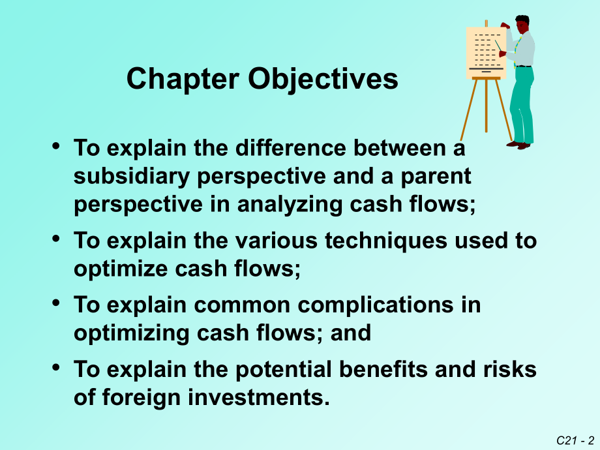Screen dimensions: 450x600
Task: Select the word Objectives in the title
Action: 323,80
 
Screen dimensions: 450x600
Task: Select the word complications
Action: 380,305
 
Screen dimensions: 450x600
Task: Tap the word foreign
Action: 146,397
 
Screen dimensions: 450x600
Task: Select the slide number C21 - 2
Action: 576,441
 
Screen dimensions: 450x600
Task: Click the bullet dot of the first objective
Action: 57,147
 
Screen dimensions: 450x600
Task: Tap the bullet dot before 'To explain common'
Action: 57,303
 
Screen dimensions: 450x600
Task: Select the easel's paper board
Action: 486,52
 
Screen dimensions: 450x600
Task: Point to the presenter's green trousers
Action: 522,104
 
